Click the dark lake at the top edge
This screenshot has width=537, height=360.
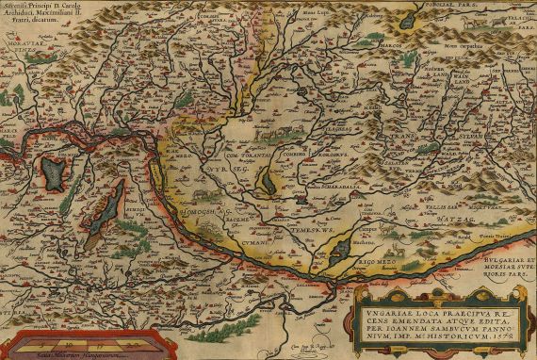pos(408,18)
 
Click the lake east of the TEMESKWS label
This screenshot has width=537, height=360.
pos(335,249)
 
